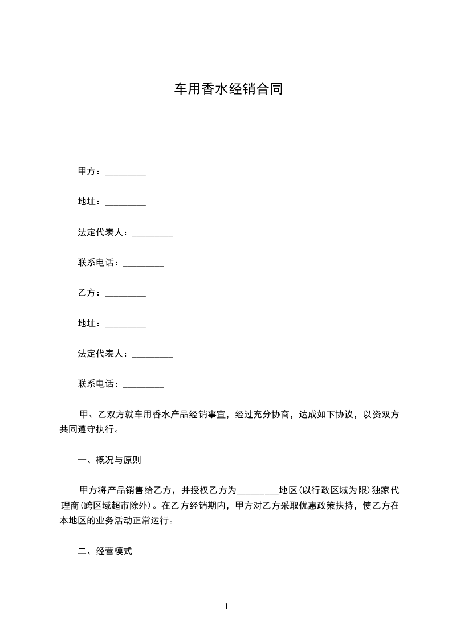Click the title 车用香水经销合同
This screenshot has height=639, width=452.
pos(228,90)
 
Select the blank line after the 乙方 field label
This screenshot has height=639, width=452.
pos(125,294)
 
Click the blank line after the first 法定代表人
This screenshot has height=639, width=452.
pos(152,234)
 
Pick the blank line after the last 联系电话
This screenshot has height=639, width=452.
pos(143,386)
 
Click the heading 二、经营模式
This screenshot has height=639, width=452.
pos(105,551)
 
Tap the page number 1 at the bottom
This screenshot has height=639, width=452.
pos(226,607)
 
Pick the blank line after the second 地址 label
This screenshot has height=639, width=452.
pos(125,325)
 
